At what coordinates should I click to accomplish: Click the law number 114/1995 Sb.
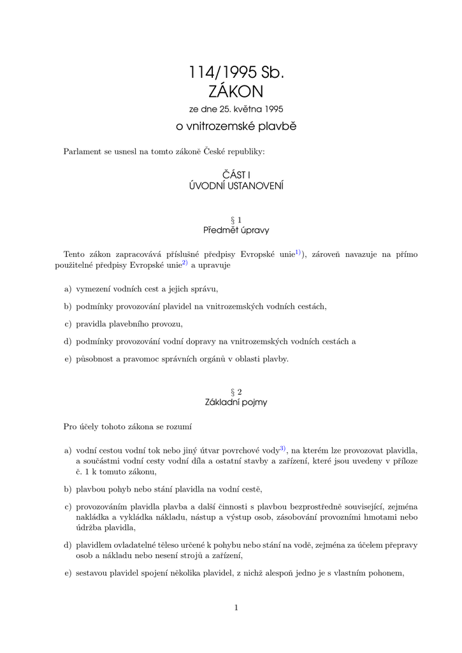click(x=236, y=73)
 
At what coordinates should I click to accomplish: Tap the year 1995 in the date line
click(x=270, y=109)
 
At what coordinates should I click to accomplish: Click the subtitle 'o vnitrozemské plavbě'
click(x=236, y=126)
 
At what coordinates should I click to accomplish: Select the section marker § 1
click(x=236, y=219)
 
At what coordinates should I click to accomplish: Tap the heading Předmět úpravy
click(x=236, y=230)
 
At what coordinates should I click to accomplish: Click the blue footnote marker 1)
click(x=298, y=253)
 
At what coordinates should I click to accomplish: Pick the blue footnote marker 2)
click(x=184, y=262)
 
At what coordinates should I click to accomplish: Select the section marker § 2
click(x=236, y=392)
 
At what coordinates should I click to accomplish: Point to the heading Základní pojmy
click(x=236, y=402)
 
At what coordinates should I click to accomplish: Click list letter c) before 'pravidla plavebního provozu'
click(x=68, y=324)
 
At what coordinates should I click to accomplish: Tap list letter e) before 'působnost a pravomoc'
click(x=68, y=358)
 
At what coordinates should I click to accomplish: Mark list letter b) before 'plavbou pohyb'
click(x=68, y=490)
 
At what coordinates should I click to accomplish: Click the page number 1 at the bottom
click(x=236, y=608)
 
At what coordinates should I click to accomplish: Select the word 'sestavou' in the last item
click(x=92, y=573)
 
